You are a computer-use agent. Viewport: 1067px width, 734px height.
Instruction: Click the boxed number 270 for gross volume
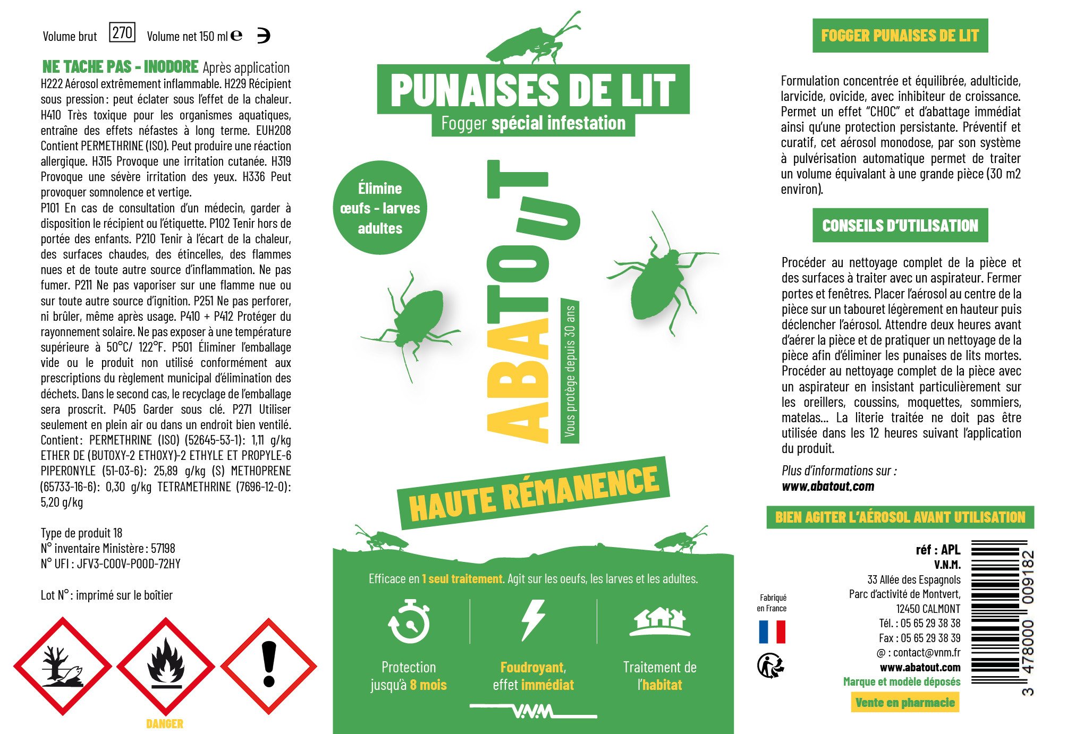(122, 32)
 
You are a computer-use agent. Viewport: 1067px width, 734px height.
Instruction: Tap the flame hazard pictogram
(166, 665)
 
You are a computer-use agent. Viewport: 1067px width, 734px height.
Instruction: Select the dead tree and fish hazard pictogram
(63, 665)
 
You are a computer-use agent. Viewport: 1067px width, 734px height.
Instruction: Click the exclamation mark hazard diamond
(269, 665)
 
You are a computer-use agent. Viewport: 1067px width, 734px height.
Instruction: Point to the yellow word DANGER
(165, 723)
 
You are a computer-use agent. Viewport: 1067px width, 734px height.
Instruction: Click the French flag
(772, 632)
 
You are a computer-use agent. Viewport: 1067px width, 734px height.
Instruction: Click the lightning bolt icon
(533, 620)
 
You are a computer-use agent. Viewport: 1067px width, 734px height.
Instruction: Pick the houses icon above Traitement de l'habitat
(659, 622)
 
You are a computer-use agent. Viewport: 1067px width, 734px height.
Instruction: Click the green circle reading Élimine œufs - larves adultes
(380, 208)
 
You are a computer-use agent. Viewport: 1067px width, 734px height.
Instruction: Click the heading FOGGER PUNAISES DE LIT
(900, 36)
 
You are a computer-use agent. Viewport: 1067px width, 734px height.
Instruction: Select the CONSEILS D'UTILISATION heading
(900, 226)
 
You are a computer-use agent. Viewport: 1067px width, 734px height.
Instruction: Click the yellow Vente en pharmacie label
(905, 702)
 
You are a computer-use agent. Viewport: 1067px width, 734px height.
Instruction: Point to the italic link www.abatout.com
(828, 486)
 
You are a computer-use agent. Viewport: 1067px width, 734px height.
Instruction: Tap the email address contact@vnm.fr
(926, 652)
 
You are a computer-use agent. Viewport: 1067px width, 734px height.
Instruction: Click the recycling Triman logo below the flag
(770, 665)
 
